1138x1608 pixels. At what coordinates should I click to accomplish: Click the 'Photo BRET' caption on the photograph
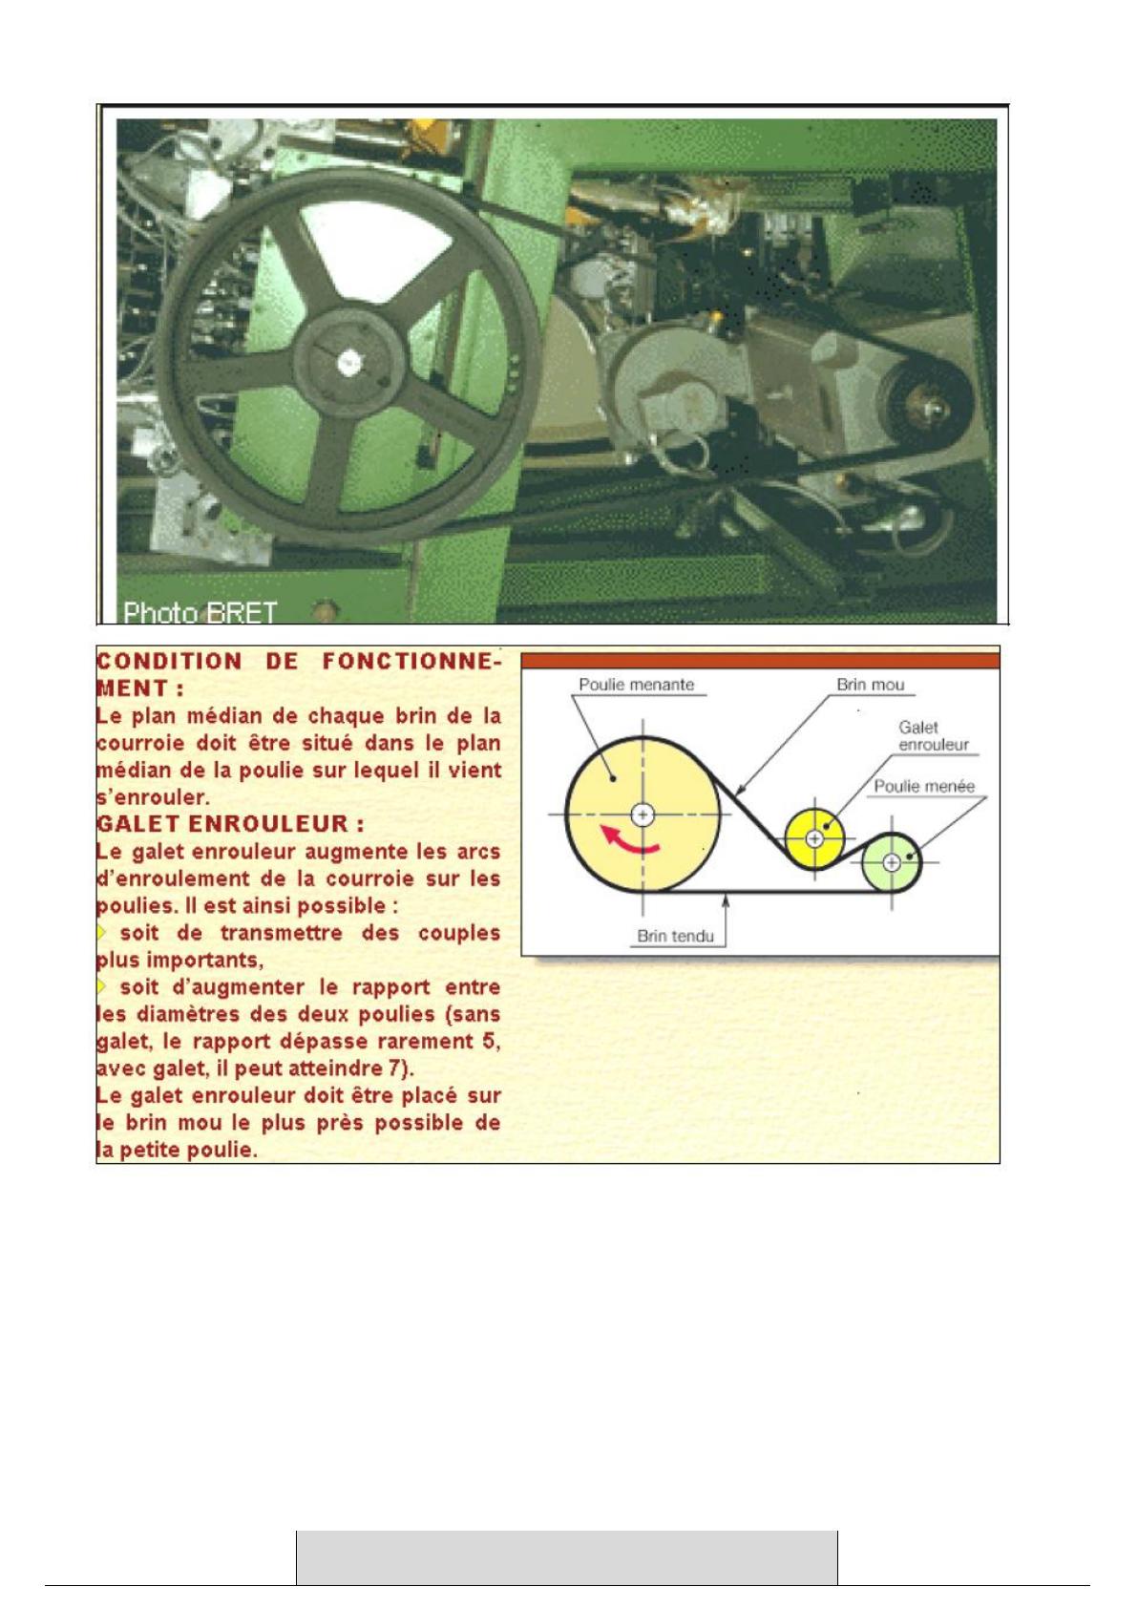tap(200, 613)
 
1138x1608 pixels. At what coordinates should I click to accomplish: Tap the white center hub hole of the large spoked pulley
tap(349, 363)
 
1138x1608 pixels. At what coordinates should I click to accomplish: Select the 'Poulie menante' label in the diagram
tap(637, 684)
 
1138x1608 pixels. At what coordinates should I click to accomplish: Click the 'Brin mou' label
tap(871, 684)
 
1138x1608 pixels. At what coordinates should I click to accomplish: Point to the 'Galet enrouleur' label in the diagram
tap(933, 736)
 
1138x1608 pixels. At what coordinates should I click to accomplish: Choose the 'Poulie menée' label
tap(924, 786)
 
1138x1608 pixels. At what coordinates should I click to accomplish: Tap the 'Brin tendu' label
tap(675, 936)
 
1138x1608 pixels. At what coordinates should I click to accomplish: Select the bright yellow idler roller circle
tap(814, 837)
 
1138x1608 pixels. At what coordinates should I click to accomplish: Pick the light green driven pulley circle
tap(891, 862)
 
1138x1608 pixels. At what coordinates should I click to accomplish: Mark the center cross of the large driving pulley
tap(643, 815)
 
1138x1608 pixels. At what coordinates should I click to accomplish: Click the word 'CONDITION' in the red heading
tap(169, 661)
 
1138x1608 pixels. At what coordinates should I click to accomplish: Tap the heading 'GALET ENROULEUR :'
tap(230, 823)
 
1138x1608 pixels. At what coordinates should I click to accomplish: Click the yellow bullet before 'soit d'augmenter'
tap(101, 986)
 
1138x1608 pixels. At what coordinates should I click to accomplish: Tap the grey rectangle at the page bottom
tap(567, 1557)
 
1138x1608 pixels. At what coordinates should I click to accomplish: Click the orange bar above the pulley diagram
tap(760, 661)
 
